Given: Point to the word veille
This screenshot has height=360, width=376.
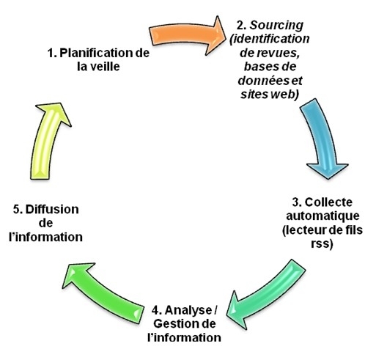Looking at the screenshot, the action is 105,67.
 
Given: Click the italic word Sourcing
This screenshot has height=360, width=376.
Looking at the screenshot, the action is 276,26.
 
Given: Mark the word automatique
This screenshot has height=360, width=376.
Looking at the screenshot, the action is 322,216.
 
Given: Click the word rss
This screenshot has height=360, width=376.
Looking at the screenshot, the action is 320,244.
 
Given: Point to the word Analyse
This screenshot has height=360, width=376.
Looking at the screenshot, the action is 188,310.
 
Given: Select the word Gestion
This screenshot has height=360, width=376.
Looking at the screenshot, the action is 174,324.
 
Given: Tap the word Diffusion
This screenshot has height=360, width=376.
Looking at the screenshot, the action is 52,210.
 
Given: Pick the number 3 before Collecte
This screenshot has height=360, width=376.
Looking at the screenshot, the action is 297,202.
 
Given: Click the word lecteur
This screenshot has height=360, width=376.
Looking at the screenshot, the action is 304,230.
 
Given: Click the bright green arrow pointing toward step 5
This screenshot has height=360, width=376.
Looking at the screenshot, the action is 103,293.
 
